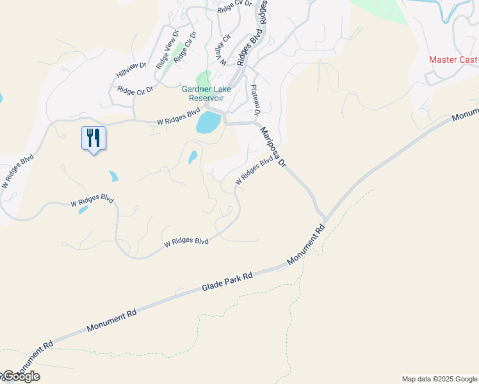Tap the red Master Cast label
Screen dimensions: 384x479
click(x=453, y=60)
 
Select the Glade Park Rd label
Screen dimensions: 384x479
click(x=228, y=282)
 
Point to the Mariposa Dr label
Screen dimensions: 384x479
click(x=272, y=147)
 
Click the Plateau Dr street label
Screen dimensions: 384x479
click(x=256, y=100)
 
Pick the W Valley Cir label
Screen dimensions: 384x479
click(x=222, y=53)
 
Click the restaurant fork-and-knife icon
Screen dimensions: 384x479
click(x=93, y=138)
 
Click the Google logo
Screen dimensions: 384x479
click(x=20, y=376)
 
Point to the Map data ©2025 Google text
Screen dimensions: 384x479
click(x=439, y=379)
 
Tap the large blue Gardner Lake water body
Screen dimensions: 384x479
click(x=208, y=121)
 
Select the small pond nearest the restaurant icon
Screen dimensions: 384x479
click(x=113, y=176)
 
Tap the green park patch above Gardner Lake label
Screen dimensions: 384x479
click(x=204, y=78)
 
